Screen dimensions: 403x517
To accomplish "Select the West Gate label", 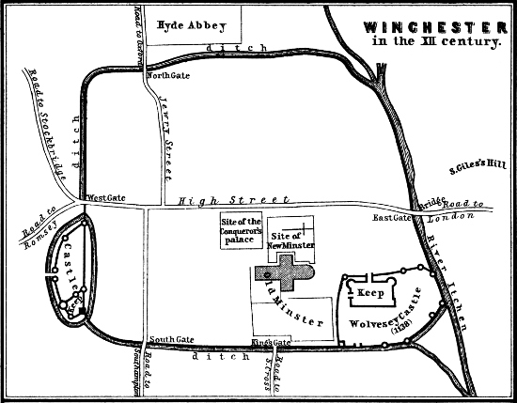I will point(100,198).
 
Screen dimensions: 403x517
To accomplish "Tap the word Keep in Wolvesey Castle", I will point(368,291).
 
